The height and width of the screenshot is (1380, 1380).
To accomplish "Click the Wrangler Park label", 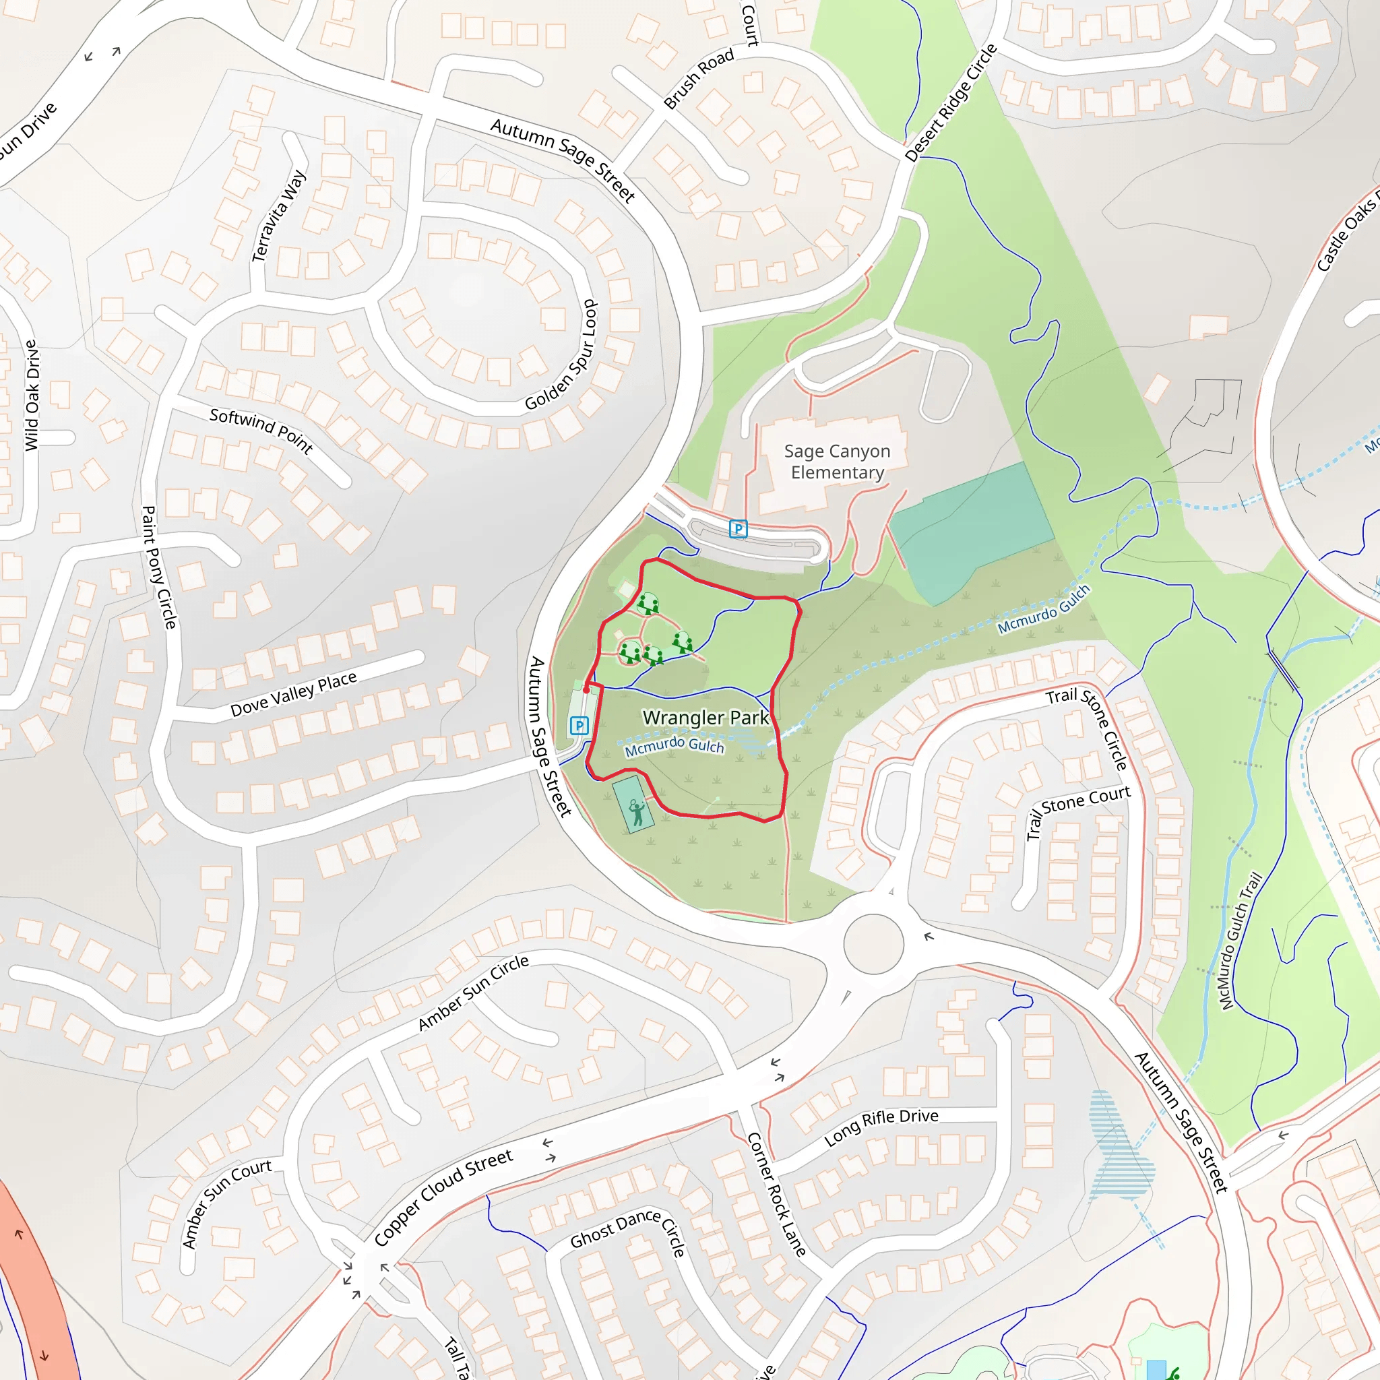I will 705,717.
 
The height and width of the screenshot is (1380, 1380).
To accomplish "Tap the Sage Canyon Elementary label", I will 837,462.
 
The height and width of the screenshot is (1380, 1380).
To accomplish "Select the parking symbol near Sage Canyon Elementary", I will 738,528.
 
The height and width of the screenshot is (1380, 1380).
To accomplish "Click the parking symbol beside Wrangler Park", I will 579,726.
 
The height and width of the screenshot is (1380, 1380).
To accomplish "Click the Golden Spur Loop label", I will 562,355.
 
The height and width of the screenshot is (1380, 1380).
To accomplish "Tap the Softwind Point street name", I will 261,431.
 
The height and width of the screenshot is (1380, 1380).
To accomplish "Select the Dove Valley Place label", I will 293,694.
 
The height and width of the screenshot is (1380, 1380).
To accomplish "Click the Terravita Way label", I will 279,216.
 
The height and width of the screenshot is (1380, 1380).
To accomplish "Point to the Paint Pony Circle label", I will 158,567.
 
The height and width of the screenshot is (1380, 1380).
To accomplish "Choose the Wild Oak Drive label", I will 32,395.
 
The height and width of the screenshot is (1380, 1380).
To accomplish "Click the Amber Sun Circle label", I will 473,993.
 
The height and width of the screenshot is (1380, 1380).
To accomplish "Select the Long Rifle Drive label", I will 881,1127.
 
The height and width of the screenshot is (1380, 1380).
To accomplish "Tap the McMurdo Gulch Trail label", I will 1241,941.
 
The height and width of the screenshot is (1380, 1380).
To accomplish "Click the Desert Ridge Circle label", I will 950,103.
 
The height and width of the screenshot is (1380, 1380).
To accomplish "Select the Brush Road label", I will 699,79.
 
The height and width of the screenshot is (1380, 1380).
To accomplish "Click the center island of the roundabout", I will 873,943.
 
